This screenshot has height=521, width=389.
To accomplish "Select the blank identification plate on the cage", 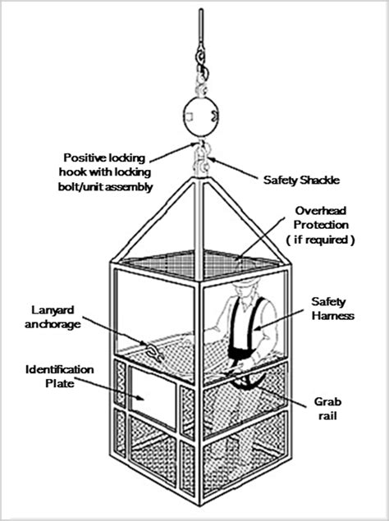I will point(153,395).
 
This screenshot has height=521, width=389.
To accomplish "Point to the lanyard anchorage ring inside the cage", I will point(153,354).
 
